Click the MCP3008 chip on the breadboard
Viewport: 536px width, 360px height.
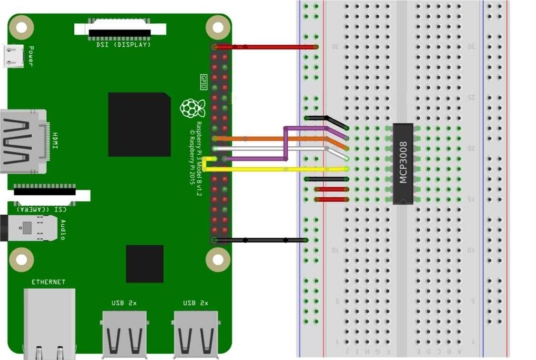403,163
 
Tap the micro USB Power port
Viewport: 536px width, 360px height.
13,56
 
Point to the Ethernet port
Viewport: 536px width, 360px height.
49,324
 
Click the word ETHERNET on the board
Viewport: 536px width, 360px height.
49,282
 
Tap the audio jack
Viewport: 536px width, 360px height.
29,228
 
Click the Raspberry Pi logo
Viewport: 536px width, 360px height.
192,108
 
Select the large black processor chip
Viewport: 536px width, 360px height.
139,124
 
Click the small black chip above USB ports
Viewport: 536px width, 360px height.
144,264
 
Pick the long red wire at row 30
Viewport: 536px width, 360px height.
267,47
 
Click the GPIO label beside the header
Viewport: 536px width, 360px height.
203,82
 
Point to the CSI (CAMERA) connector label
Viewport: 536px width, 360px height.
42,209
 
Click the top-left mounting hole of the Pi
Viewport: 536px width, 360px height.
21,27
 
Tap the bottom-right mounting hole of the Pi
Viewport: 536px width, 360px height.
218,260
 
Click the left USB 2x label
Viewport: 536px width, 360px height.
124,303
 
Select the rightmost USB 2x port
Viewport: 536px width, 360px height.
196,333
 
